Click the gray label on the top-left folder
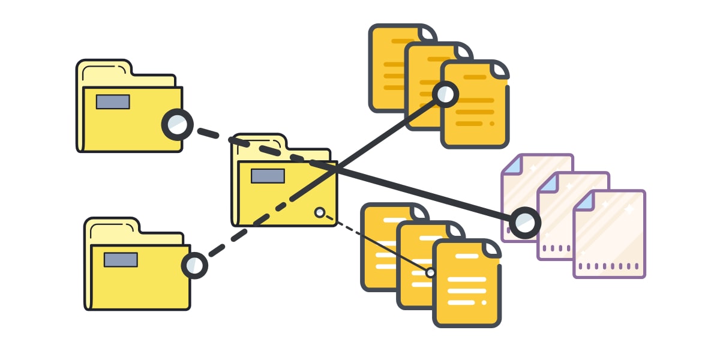[113, 102]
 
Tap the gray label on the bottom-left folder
[121, 260]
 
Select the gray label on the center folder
[268, 176]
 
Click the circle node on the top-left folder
[178, 125]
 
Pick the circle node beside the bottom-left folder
[194, 265]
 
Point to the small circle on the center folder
[320, 212]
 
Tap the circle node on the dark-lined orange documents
[445, 94]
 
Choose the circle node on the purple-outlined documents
[526, 223]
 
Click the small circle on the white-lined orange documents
[430, 272]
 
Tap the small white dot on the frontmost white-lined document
[484, 302]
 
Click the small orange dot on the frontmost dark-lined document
[492, 124]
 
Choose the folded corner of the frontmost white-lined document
[493, 248]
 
